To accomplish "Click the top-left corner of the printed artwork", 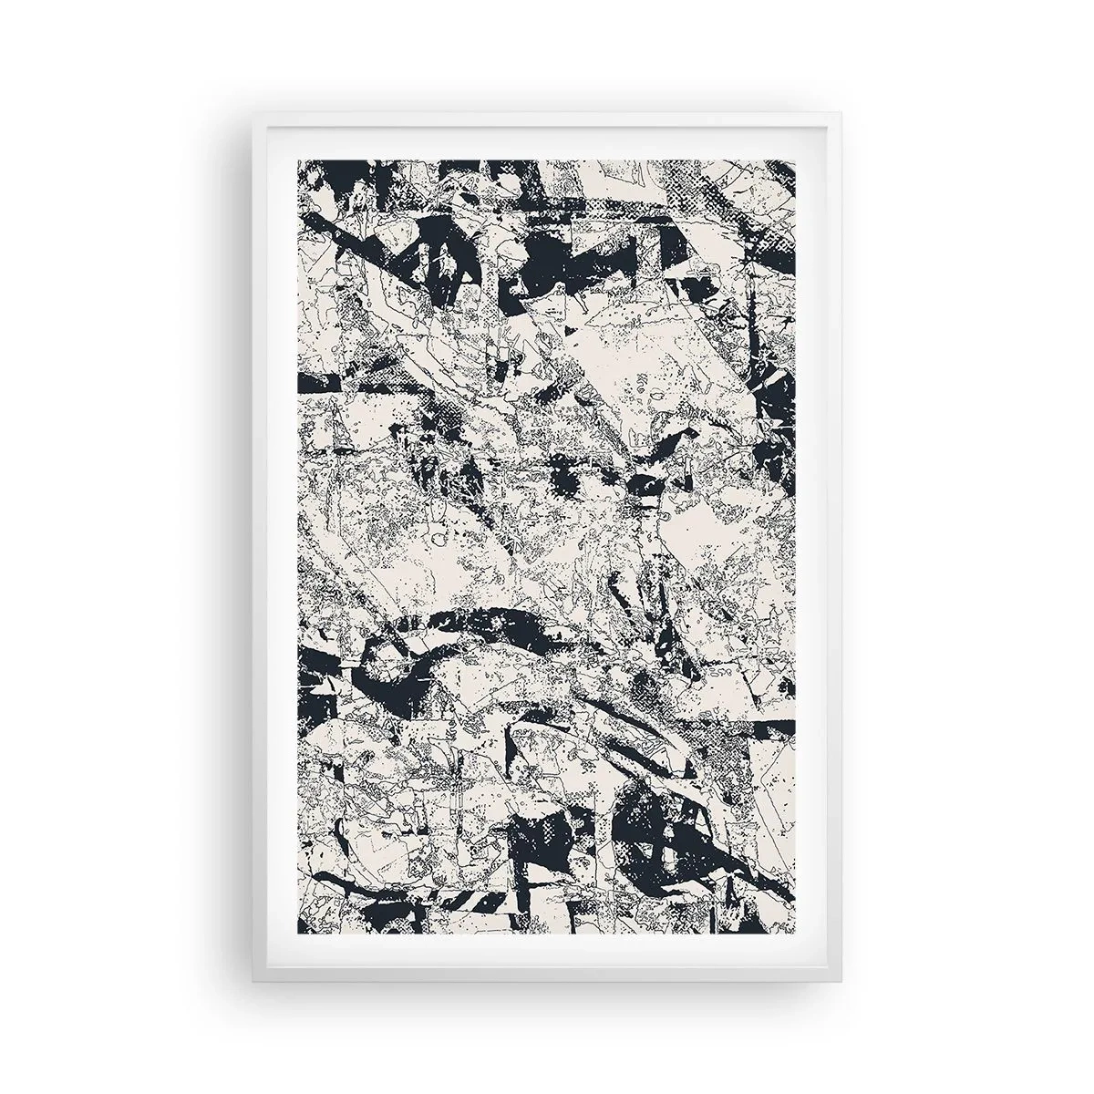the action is [296, 160].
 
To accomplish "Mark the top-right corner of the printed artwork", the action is [798, 160].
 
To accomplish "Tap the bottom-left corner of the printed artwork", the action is [296, 934].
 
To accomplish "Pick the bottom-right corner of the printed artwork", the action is [798, 934].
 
